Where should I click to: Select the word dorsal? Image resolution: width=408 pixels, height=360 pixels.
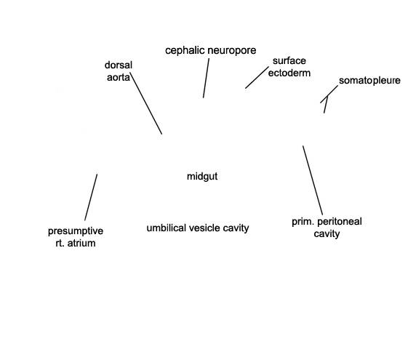pos(119,65)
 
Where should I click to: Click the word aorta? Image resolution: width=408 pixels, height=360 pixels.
pos(119,78)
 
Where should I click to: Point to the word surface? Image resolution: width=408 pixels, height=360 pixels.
pos(289,61)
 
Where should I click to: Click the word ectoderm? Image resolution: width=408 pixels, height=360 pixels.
pos(289,73)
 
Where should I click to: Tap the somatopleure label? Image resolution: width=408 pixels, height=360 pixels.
pos(369,81)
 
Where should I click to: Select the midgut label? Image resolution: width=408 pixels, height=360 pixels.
pos(202,177)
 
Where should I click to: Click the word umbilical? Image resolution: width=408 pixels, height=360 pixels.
pos(166,228)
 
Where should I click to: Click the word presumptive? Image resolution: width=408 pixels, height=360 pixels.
pos(76,231)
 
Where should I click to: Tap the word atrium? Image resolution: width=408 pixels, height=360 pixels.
pos(81,243)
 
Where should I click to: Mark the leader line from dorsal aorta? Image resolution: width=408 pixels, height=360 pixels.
pos(146,104)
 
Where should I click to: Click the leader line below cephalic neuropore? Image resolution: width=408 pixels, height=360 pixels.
pos(206,78)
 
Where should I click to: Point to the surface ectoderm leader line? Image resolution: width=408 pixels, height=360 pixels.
pos(257,78)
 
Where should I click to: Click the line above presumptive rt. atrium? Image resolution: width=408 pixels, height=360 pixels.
pos(91,197)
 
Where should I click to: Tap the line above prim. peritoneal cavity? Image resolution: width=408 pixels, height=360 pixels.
pos(313,180)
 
